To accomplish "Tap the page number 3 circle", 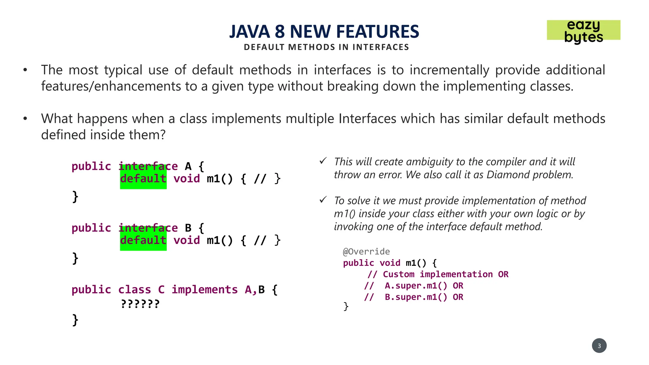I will pos(599,346).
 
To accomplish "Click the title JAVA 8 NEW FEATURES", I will pos(324,31).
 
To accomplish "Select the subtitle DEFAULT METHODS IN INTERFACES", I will pos(326,47).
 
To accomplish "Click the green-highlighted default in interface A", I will pos(143,179).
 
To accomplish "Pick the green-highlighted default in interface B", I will pos(143,240).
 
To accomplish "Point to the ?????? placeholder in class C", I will pos(140,304).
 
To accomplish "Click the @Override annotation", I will pos(366,252).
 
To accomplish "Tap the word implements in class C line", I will pos(204,290).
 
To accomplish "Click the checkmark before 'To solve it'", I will pos(323,200).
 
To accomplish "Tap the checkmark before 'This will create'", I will pos(323,161).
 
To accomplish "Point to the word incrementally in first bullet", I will pos(449,70).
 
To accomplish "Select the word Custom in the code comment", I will pos(398,274).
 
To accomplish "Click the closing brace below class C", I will pos(75,320).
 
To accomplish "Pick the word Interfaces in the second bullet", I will pos(367,119).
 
